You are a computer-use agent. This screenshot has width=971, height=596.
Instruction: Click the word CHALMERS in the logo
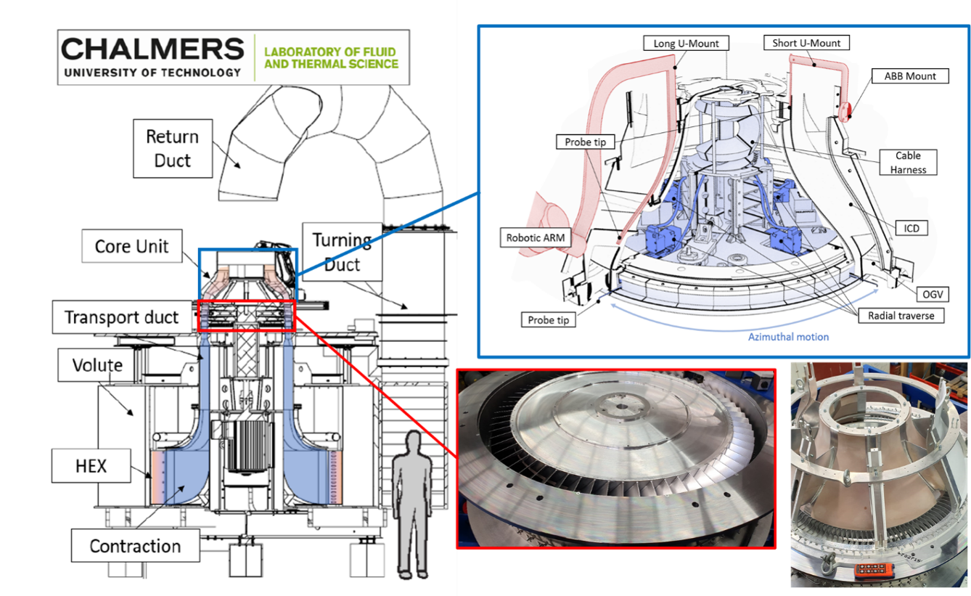152,49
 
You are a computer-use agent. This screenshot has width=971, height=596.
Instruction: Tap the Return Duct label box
173,148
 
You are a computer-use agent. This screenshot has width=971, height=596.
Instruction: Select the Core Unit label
132,247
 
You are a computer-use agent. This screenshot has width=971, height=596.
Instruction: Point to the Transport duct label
121,317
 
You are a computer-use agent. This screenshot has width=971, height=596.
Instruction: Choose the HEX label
91,465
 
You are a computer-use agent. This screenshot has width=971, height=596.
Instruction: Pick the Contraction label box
135,546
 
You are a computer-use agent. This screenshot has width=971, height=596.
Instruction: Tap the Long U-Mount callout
686,44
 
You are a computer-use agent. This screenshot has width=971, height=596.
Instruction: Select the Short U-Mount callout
806,44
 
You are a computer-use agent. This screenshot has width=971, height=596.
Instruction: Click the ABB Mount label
910,76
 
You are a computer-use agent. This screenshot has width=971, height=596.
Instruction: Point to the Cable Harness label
908,163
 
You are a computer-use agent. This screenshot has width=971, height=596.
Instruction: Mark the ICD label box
911,228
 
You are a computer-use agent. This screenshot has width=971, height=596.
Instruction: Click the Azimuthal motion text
788,337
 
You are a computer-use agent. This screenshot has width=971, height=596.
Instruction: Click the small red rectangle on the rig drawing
246,316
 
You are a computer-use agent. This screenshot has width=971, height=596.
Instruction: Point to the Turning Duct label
343,252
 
